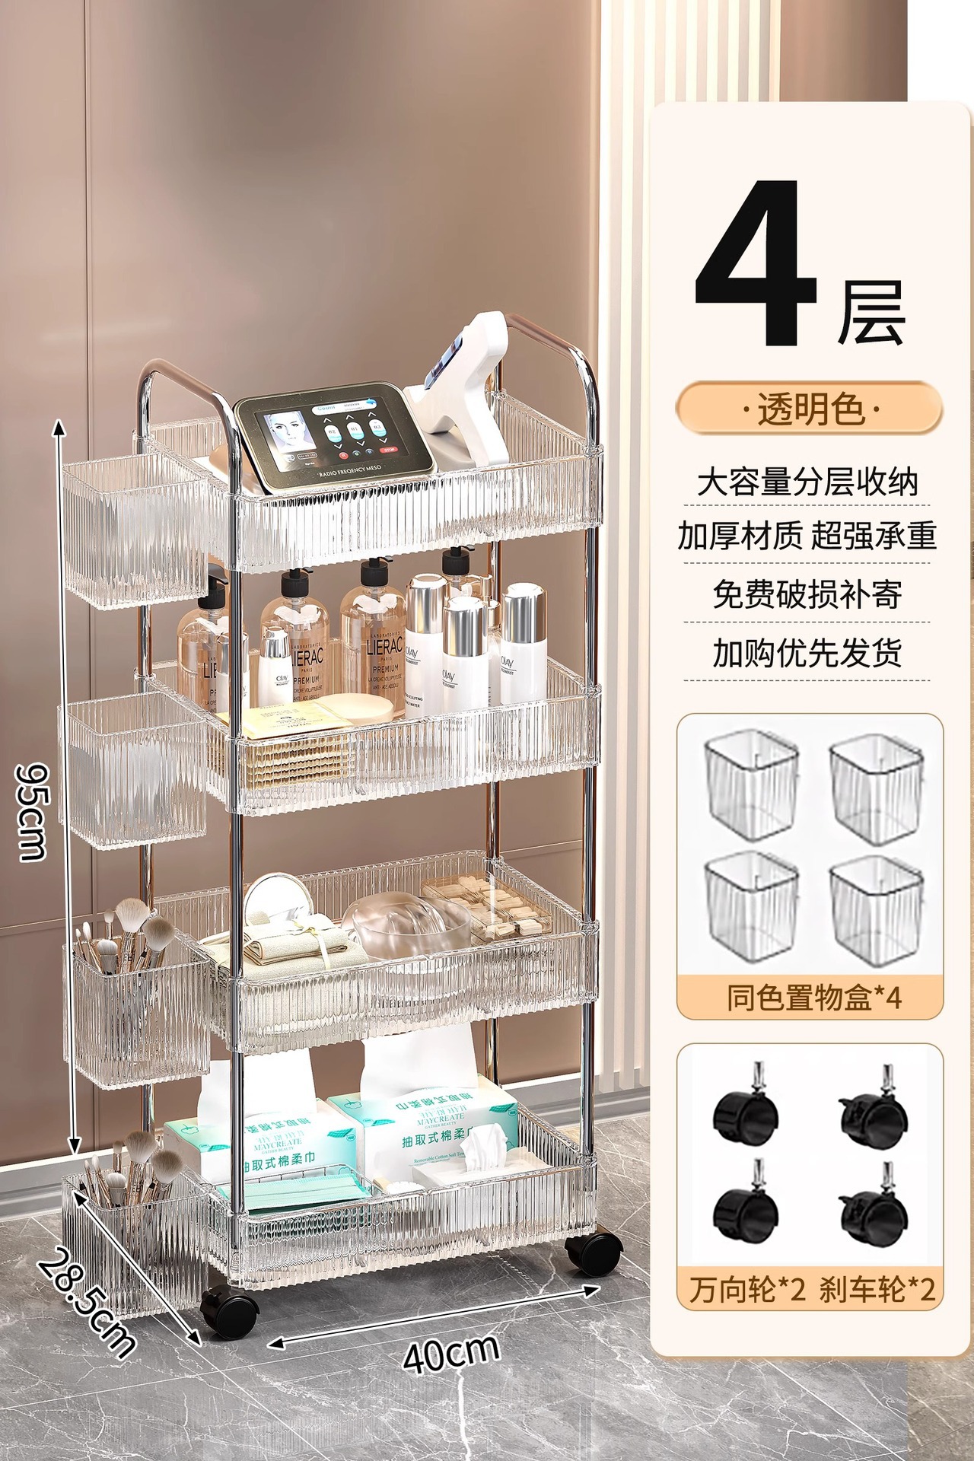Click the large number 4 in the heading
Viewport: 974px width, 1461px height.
[x=757, y=263]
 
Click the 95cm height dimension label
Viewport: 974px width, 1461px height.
[x=32, y=810]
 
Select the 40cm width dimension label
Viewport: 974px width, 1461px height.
[x=450, y=1353]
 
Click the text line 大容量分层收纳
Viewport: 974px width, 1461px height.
[x=807, y=482]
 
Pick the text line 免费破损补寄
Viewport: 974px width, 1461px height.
[x=807, y=594]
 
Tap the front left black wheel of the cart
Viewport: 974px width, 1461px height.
[x=228, y=1312]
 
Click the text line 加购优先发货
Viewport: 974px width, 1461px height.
[x=807, y=653]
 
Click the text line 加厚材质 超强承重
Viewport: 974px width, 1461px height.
[x=807, y=536]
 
